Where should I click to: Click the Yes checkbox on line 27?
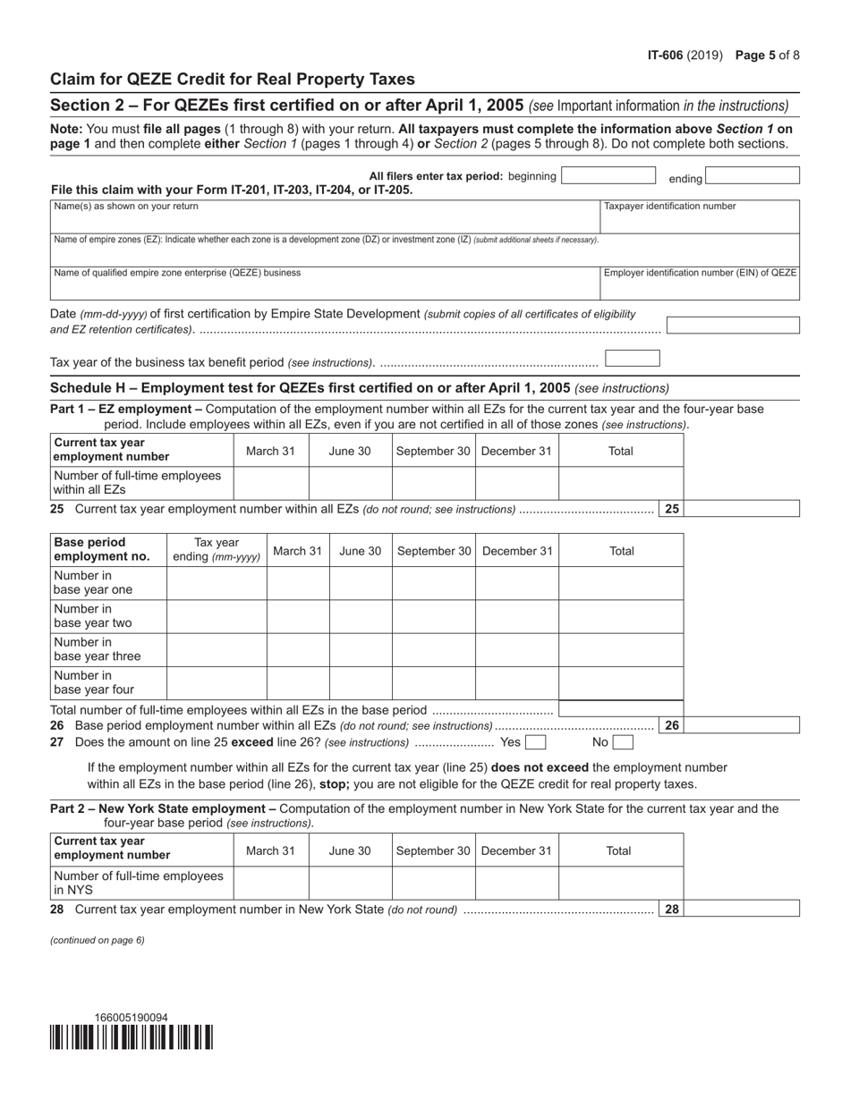point(535,742)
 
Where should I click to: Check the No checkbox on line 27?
point(623,742)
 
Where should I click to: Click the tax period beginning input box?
point(608,176)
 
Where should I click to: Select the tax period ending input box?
point(752,176)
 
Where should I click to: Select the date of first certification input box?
point(733,326)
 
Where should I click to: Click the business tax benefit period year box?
point(633,359)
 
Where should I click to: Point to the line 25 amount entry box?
point(742,509)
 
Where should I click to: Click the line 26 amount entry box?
point(742,725)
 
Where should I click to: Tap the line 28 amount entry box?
point(742,909)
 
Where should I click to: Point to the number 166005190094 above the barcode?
point(132,1018)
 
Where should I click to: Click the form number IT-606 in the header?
point(667,55)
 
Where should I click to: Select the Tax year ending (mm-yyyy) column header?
point(217,550)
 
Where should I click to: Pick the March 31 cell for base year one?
point(298,583)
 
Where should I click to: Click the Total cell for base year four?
point(621,682)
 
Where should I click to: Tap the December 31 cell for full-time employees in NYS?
point(516,883)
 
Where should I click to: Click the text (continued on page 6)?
point(98,940)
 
